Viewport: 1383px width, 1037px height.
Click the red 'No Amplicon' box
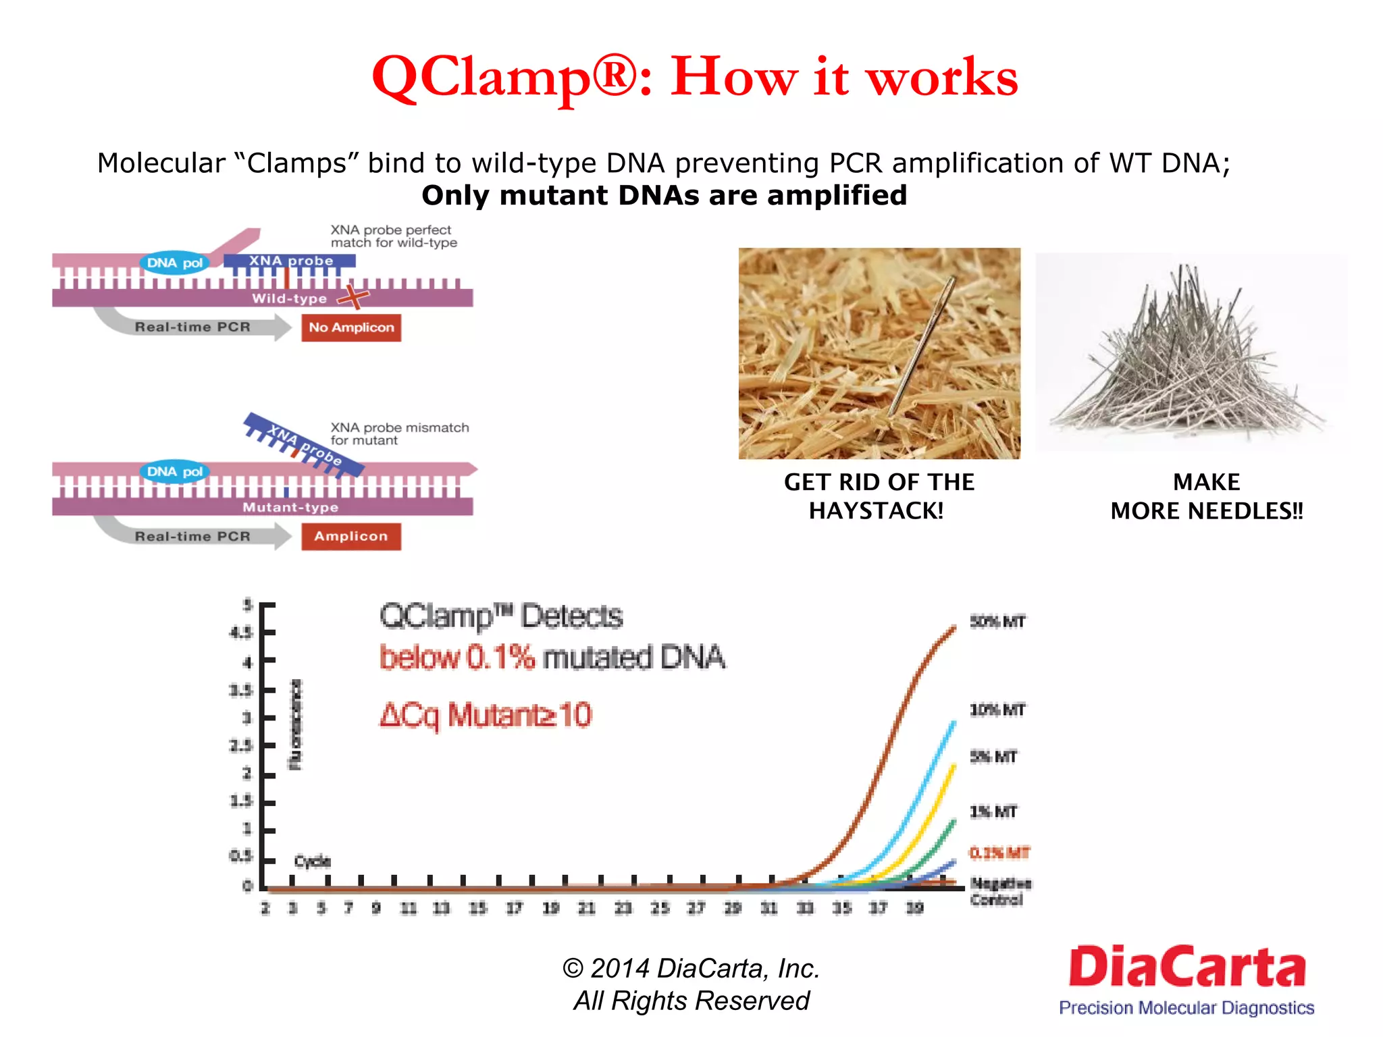350,327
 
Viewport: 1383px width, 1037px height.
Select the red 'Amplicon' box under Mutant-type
350,536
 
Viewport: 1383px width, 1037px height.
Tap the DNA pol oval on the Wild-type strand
175,263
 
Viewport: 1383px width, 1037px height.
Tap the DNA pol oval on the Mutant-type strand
175,471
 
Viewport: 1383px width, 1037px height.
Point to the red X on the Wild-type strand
353,296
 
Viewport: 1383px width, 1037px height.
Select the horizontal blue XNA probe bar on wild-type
290,261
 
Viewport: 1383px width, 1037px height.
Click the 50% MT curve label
997,621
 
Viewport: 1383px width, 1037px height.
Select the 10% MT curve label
997,710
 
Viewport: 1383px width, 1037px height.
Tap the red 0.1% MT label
999,853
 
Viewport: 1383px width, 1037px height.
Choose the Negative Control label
999,891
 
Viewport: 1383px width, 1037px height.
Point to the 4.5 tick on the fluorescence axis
241,633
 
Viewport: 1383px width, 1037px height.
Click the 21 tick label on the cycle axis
586,908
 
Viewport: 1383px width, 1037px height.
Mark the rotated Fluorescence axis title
296,725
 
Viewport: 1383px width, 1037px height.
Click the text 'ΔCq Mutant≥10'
485,715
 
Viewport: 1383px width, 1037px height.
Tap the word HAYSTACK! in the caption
876,511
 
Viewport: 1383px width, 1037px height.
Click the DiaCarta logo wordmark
1186,967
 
